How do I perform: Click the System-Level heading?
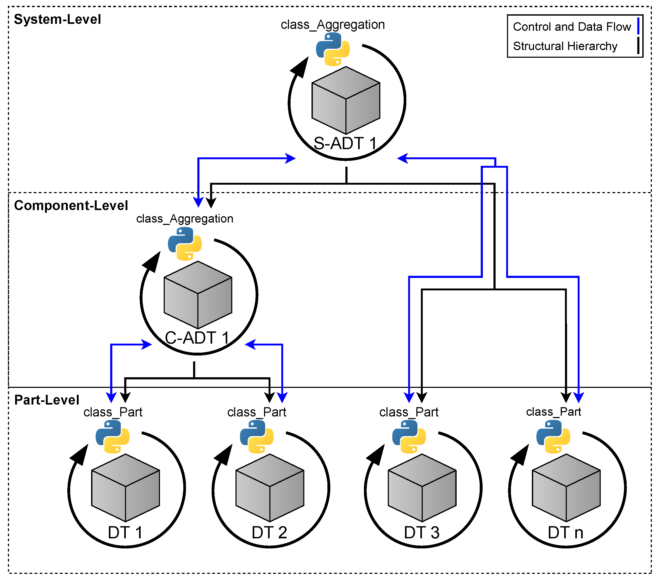(57, 19)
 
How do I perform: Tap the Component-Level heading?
(71, 206)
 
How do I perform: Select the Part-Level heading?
(47, 400)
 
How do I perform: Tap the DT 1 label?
(125, 533)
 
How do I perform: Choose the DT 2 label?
(269, 533)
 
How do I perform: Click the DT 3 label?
(422, 533)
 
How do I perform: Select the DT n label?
(566, 533)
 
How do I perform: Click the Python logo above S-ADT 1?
(333, 49)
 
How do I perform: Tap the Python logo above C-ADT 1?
(185, 244)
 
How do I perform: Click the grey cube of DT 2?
(270, 488)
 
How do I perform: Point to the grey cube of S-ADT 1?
(346, 100)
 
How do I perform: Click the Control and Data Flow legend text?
(572, 27)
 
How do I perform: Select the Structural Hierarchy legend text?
(565, 46)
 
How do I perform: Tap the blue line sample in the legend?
(638, 26)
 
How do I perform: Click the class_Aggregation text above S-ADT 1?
(333, 24)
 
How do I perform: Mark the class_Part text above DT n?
(554, 412)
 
